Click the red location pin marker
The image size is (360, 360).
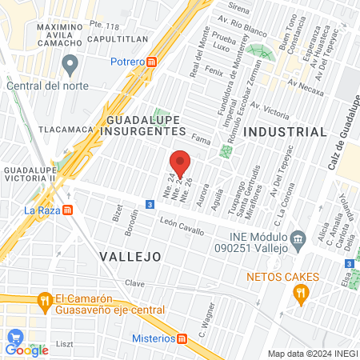coord(180,162)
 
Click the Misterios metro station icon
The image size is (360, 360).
coord(182,338)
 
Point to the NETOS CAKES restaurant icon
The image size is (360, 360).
coord(301,295)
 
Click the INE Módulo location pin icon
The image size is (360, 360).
coord(298,238)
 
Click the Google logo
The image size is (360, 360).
coord(26,348)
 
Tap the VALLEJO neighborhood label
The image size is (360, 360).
coord(130,256)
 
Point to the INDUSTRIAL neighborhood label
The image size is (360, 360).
coord(286,132)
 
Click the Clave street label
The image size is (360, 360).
coord(134,283)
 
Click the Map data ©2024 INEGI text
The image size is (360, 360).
coord(310,354)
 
